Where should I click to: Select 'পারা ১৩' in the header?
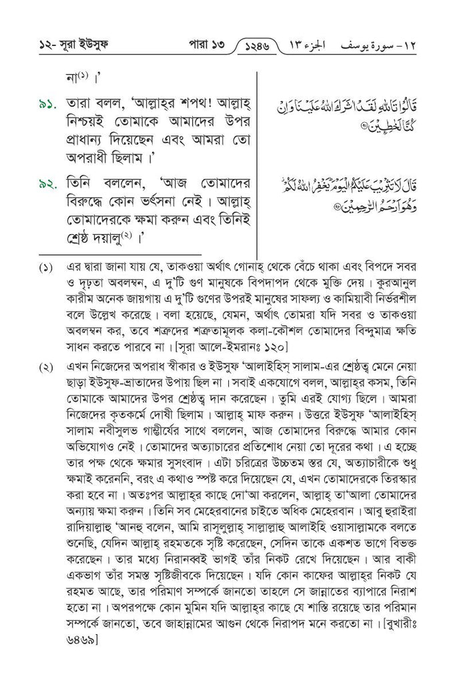click(202, 46)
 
